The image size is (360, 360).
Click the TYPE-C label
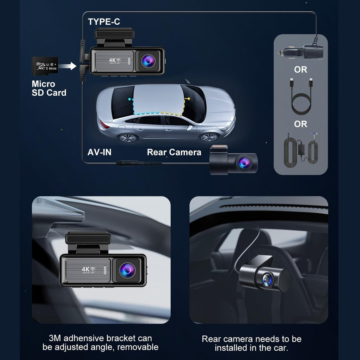[x=104, y=22]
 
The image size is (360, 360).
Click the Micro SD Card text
[x=49, y=88]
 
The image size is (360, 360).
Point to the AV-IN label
[x=99, y=152]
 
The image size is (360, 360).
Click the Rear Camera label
[x=174, y=152]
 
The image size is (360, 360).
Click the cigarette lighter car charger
[x=301, y=51]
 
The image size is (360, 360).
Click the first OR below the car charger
[x=300, y=70]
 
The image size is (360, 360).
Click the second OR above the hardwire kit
[x=300, y=124]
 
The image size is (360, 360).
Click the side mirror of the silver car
[x=190, y=127]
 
